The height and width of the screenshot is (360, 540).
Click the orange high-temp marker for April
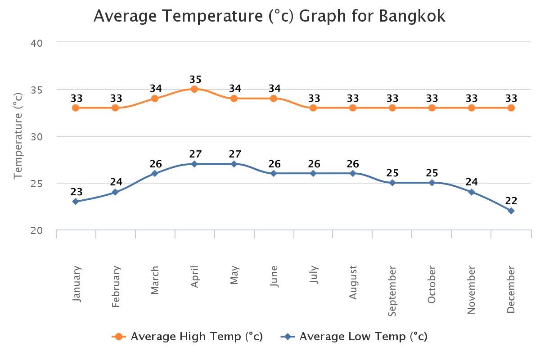194,89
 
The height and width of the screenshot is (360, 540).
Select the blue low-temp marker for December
511,211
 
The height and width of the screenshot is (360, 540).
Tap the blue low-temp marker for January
76,202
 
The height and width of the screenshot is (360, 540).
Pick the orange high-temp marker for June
274,99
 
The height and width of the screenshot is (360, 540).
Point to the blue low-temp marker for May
234,164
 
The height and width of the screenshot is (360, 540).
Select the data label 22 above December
511,201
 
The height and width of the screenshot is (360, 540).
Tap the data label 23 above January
76,192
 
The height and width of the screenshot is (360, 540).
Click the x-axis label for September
392,291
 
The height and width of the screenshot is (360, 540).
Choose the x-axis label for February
116,286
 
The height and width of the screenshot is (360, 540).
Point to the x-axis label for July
314,274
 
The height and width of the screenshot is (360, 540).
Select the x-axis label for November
471,289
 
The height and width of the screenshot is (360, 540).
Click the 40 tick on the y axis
36,43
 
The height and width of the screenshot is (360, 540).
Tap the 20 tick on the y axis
36,230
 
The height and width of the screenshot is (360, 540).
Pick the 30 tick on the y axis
36,137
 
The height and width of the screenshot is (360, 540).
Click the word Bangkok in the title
412,16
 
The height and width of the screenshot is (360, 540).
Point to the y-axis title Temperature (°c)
18,136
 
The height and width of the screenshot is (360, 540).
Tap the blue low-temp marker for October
432,183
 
